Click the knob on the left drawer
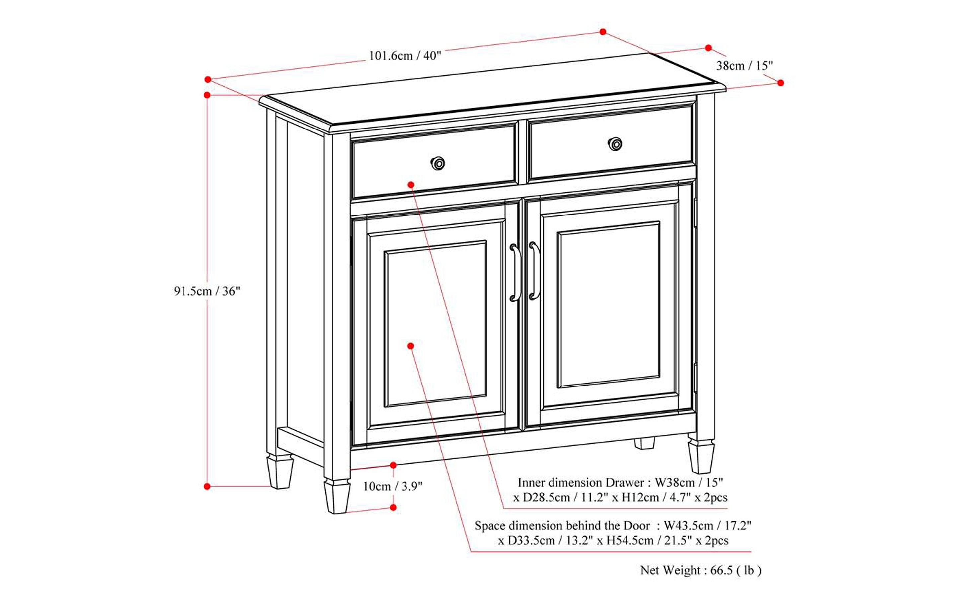point(437,163)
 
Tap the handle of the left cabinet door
point(515,273)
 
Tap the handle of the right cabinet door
point(534,271)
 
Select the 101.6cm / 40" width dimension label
point(405,56)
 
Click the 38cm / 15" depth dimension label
point(744,66)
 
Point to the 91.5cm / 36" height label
point(207,291)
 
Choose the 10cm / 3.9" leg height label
point(393,486)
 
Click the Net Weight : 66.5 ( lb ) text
point(701,570)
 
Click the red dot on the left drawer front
point(411,184)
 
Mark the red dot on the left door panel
point(411,346)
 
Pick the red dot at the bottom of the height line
point(207,486)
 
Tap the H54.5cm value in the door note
point(630,540)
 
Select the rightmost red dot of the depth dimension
point(780,83)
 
